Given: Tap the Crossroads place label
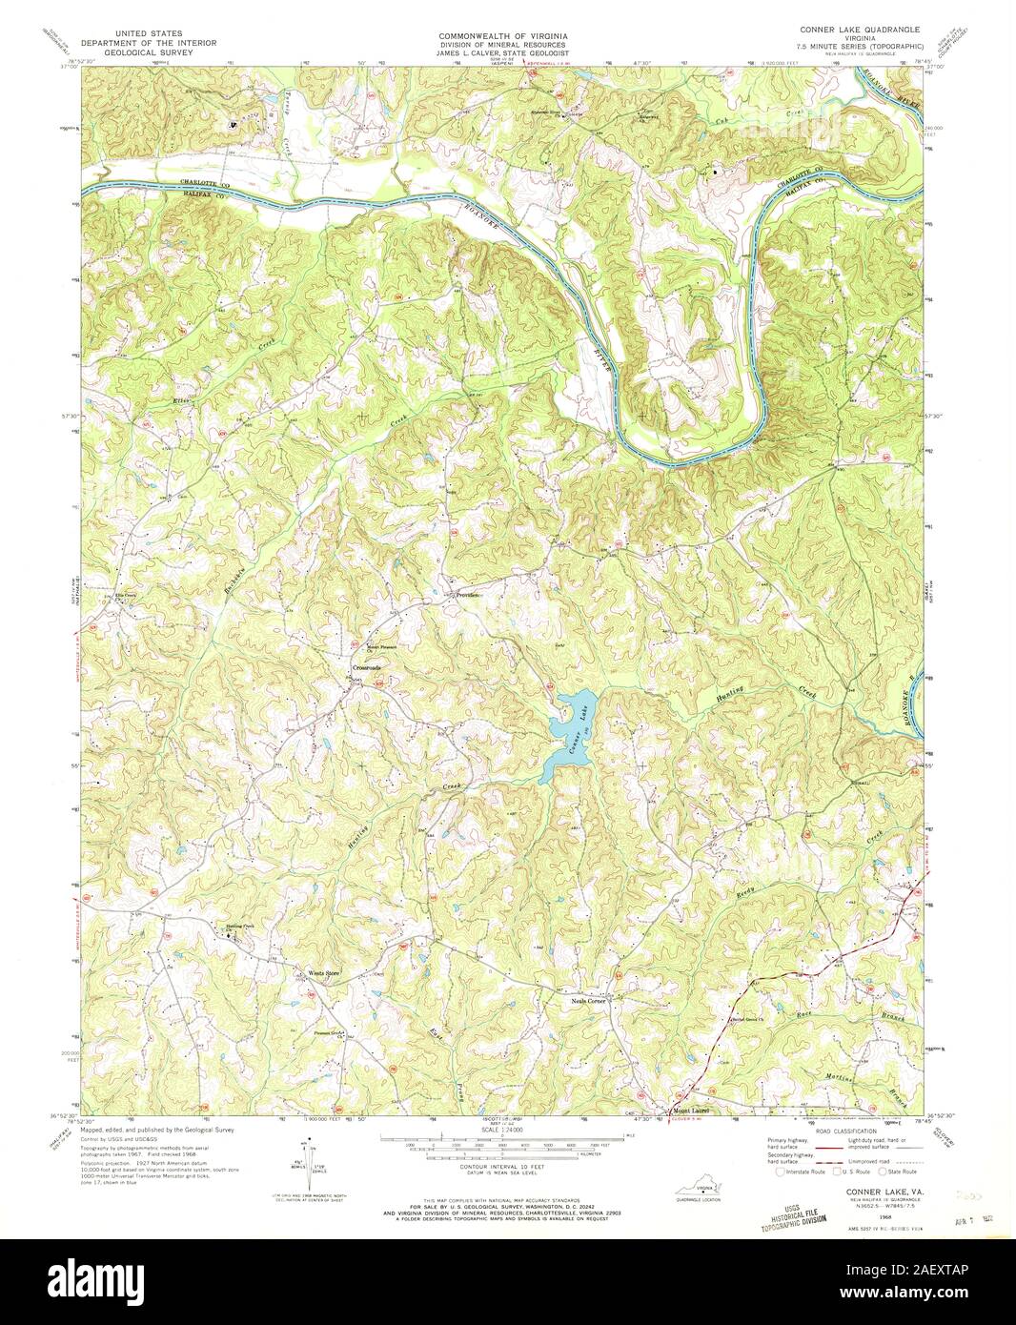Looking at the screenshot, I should coord(366,667).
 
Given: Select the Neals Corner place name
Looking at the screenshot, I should coord(588,1000).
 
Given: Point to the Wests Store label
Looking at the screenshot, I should coord(323,973).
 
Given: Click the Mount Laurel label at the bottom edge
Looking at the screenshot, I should coord(694,1111).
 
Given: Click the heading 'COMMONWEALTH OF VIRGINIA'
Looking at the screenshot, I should coord(502,33).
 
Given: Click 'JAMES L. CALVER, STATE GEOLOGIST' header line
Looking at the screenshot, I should coord(502,54).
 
